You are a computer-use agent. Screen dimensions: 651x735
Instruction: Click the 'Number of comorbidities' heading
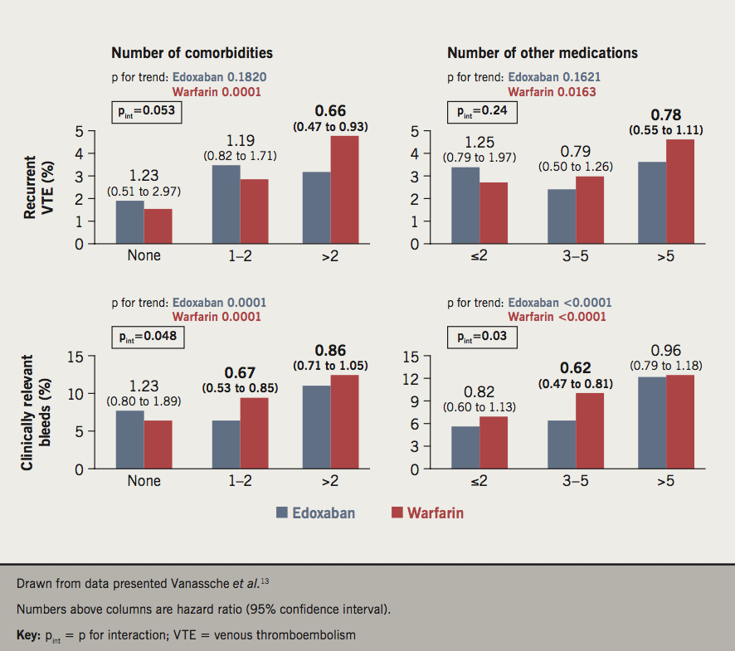click(192, 53)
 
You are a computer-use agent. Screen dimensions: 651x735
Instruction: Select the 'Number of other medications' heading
click(543, 53)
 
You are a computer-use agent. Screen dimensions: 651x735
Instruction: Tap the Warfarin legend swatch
click(397, 513)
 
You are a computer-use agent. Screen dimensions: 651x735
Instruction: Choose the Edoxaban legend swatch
click(282, 513)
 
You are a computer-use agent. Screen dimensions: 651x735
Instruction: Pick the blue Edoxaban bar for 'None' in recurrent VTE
click(129, 222)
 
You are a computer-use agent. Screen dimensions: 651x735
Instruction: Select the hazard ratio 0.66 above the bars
click(330, 111)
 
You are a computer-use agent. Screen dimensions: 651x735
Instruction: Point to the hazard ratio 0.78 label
click(665, 114)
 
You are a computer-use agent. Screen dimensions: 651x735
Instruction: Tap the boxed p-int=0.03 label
click(482, 337)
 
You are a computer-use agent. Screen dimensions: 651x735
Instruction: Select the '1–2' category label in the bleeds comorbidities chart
click(241, 480)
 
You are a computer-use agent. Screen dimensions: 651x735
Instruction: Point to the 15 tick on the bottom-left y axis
click(77, 357)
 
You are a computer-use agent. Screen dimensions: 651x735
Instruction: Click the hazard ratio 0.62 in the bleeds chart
click(575, 367)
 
